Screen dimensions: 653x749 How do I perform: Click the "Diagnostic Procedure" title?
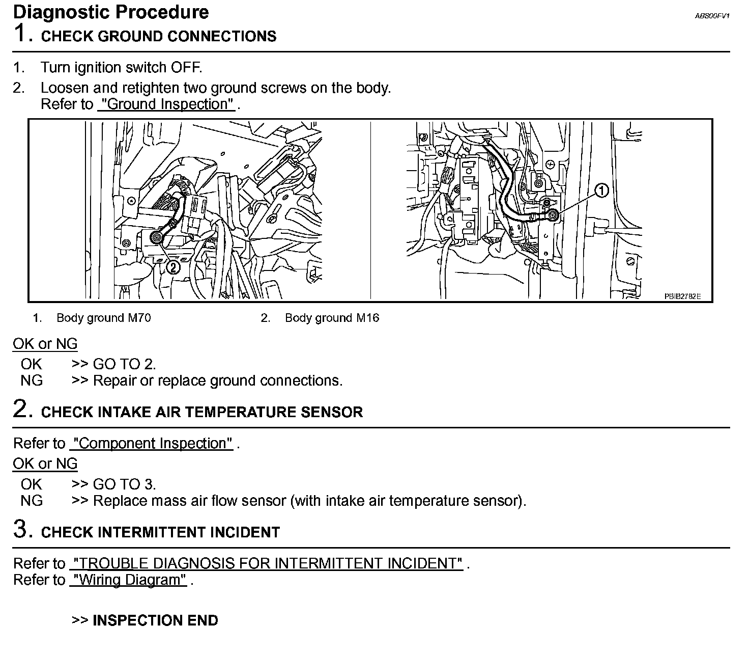click(x=111, y=12)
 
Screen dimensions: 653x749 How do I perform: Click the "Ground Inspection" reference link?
click(x=166, y=104)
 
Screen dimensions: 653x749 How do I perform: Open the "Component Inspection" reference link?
click(x=151, y=444)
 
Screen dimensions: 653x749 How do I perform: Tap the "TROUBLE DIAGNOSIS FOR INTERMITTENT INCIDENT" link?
click(x=267, y=564)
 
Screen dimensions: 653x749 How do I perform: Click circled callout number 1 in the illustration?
click(x=601, y=191)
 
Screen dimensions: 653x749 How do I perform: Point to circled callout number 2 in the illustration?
click(x=174, y=266)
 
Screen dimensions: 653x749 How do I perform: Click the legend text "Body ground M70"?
click(x=104, y=318)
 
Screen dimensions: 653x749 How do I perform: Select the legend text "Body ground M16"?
click(x=332, y=318)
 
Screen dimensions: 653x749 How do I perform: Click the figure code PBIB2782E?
click(x=682, y=296)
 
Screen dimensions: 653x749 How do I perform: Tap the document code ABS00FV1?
click(x=712, y=16)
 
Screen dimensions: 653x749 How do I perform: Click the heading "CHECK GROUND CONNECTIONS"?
click(x=159, y=37)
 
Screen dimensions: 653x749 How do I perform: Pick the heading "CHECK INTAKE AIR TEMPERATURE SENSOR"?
click(x=201, y=412)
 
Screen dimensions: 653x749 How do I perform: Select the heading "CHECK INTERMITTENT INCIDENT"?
click(x=160, y=532)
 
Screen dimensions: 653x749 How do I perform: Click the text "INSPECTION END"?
click(x=155, y=620)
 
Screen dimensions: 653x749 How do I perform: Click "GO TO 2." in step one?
click(x=124, y=364)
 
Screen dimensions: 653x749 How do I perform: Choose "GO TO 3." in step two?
click(x=124, y=484)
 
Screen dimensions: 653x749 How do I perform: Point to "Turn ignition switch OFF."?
click(x=121, y=68)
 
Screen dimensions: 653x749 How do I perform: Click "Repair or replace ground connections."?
click(x=218, y=381)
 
